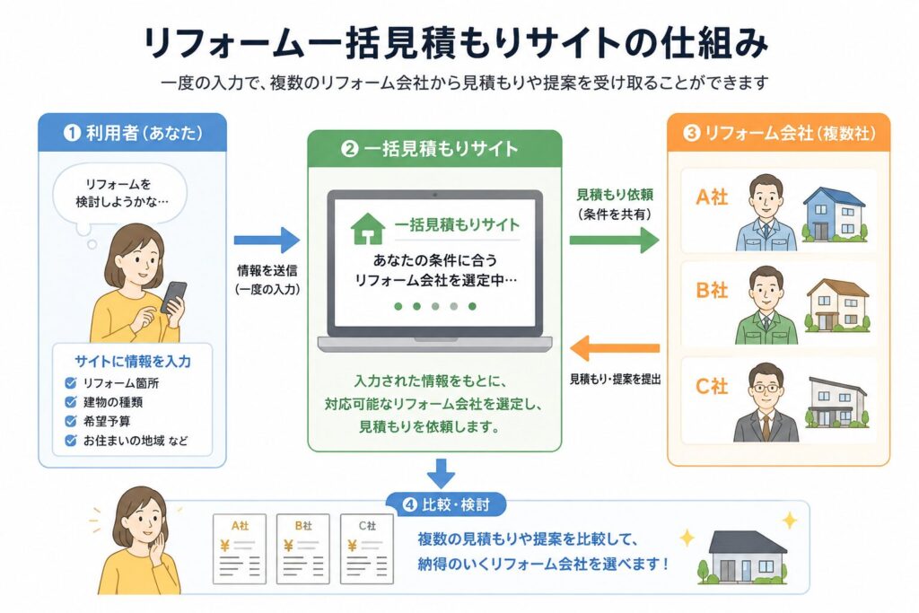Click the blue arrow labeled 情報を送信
pyautogui.click(x=267, y=240)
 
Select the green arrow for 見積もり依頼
pyautogui.click(x=614, y=240)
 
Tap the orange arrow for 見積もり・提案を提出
pyautogui.click(x=614, y=348)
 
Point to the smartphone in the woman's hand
pyautogui.click(x=174, y=297)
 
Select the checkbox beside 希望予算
pyautogui.click(x=71, y=421)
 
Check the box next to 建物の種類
pyautogui.click(x=71, y=402)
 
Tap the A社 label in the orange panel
pyautogui.click(x=712, y=197)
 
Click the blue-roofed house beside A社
pyautogui.click(x=835, y=215)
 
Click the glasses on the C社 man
pyautogui.click(x=765, y=388)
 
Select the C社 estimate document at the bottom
pyautogui.click(x=367, y=549)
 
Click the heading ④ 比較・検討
pyautogui.click(x=445, y=504)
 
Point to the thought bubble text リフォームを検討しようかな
pyautogui.click(x=121, y=193)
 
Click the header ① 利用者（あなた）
pyautogui.click(x=133, y=133)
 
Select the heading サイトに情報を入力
pyautogui.click(x=133, y=361)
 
